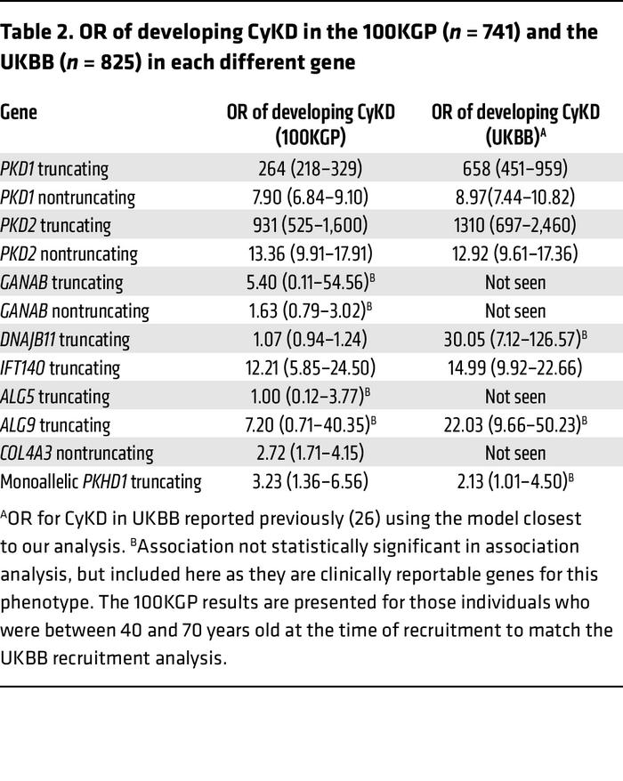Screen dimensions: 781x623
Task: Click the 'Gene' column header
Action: [19, 113]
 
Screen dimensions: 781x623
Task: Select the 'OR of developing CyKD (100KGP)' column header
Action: [311, 125]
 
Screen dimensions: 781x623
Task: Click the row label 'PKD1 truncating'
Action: [54, 168]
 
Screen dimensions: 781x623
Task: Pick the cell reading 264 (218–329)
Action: [311, 168]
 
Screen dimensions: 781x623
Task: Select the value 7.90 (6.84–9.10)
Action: [311, 197]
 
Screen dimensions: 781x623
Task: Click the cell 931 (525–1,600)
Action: [311, 225]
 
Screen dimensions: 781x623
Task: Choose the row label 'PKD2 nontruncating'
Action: [69, 254]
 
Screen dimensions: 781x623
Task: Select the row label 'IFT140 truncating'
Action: [60, 367]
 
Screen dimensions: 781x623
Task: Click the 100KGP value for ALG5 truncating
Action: [311, 396]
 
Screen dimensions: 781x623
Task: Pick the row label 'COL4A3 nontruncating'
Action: [77, 453]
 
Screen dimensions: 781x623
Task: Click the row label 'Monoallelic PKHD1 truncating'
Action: [101, 481]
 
